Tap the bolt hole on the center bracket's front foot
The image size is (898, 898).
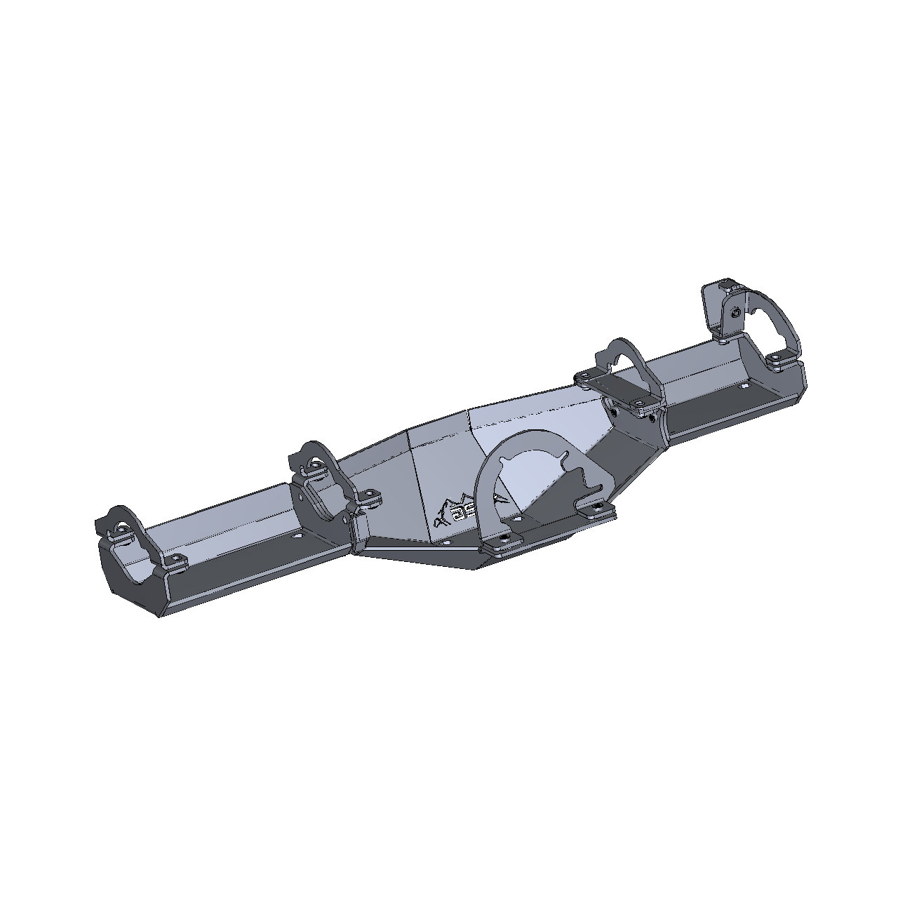(504, 542)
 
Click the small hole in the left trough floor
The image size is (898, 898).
(295, 535)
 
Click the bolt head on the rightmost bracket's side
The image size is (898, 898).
(735, 314)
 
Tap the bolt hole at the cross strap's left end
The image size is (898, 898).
(582, 379)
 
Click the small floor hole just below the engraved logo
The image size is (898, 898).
(444, 541)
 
